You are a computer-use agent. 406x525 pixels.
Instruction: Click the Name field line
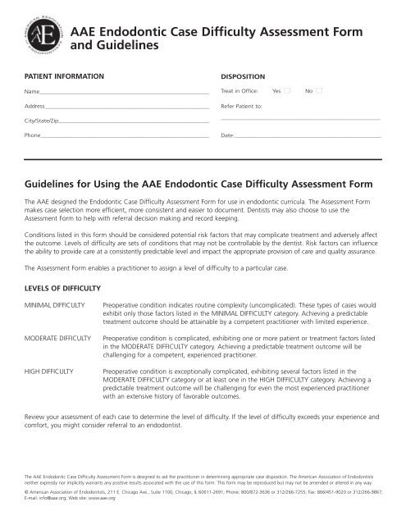(123, 92)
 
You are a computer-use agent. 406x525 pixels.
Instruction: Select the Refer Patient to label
(242, 106)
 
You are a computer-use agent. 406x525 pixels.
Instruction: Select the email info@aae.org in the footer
(55, 497)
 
